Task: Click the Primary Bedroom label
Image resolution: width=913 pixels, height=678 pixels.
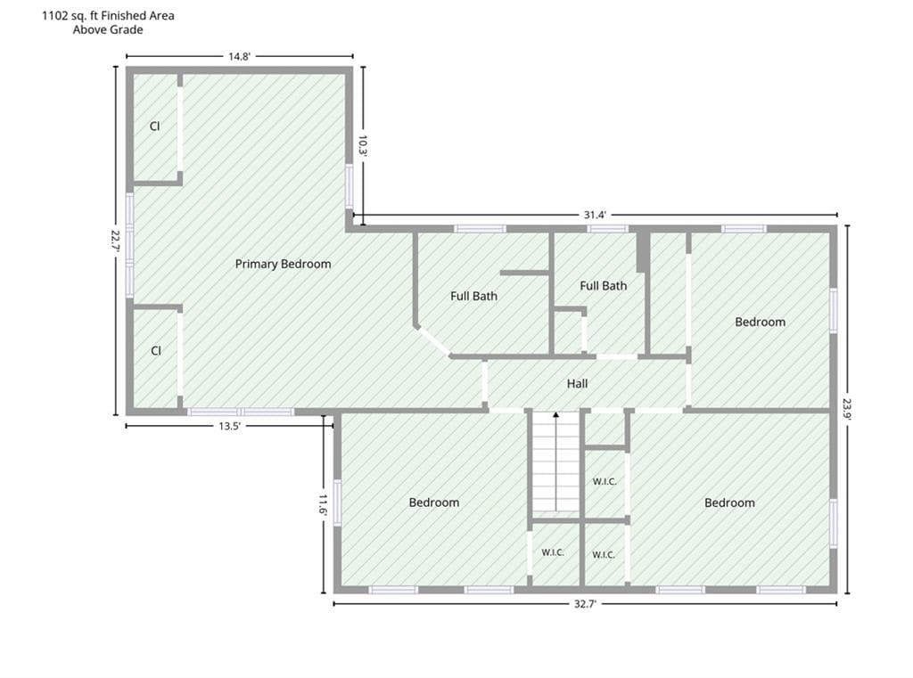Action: [x=283, y=265]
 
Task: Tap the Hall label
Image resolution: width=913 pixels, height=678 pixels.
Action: [x=577, y=383]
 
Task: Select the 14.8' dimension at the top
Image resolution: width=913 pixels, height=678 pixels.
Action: [x=239, y=56]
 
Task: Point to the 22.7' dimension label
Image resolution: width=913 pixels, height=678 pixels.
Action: [x=115, y=241]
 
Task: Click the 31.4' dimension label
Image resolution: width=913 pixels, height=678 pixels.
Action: [x=595, y=215]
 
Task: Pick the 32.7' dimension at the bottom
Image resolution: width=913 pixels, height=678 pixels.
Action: [x=585, y=604]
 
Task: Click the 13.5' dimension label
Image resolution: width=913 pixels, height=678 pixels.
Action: [x=229, y=426]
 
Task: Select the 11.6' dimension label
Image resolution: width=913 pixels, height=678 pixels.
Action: [x=323, y=504]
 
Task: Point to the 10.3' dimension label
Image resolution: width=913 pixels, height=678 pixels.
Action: [x=363, y=145]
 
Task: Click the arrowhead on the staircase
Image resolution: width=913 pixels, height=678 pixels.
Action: [x=556, y=415]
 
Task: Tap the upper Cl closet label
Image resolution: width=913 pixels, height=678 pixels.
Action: [x=155, y=127]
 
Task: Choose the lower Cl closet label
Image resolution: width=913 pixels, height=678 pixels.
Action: [x=156, y=351]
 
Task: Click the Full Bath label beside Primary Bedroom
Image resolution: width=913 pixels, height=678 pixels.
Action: [x=474, y=296]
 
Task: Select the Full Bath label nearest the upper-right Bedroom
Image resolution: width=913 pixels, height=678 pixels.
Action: [x=604, y=286]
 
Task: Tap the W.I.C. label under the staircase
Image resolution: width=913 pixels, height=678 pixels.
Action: [x=553, y=552]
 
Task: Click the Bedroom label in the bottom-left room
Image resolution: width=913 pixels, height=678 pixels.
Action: [x=434, y=502]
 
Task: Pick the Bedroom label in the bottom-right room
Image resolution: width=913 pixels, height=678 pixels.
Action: [x=729, y=502]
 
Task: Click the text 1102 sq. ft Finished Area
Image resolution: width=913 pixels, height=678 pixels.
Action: [x=108, y=16]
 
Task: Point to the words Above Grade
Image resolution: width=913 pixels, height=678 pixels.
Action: [x=108, y=29]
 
